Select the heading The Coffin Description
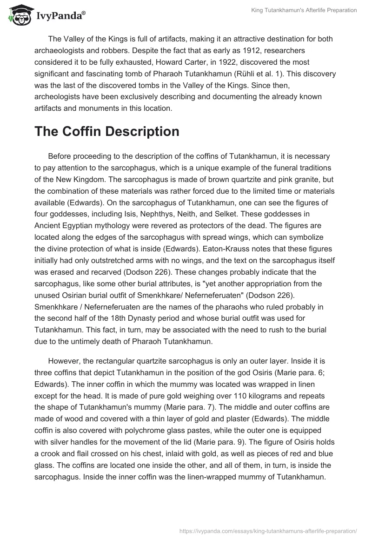pyautogui.click(x=106, y=131)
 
